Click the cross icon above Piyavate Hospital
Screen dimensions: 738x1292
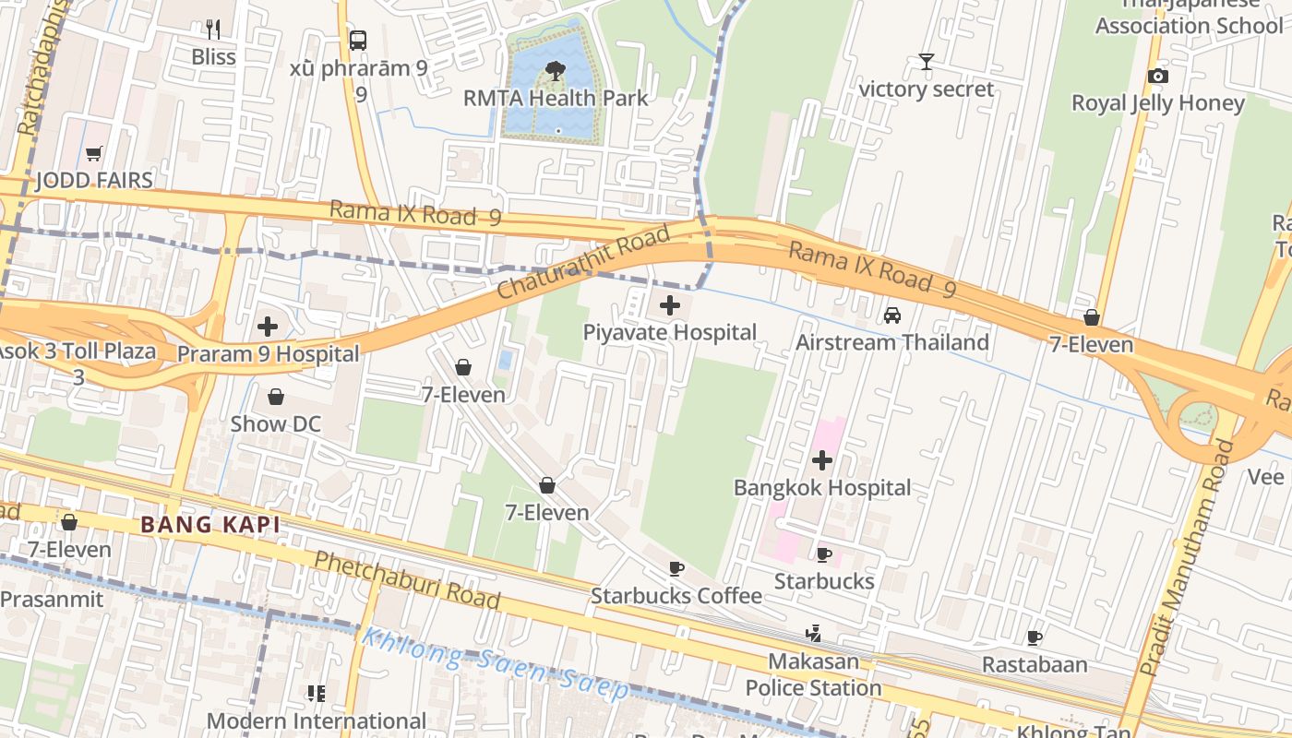(670, 305)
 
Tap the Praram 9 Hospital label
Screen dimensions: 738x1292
(268, 354)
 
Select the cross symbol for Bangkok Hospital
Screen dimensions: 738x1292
(822, 460)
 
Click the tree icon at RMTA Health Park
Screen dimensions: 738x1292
(555, 70)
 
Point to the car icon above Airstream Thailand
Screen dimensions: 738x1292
(892, 315)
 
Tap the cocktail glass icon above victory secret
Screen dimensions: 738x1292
(927, 62)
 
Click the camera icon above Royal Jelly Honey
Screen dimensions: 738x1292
(1157, 76)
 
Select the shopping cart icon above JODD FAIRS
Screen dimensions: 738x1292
(93, 153)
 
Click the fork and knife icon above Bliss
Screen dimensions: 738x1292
(213, 30)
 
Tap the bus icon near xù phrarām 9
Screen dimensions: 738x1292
(358, 41)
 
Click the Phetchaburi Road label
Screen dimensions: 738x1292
(406, 580)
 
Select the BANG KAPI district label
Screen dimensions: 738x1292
(209, 525)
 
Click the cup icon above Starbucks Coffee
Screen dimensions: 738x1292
(676, 568)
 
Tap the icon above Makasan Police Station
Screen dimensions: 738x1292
(813, 634)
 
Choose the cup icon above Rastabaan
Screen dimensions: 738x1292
(1035, 637)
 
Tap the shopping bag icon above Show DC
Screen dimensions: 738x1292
(275, 397)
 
